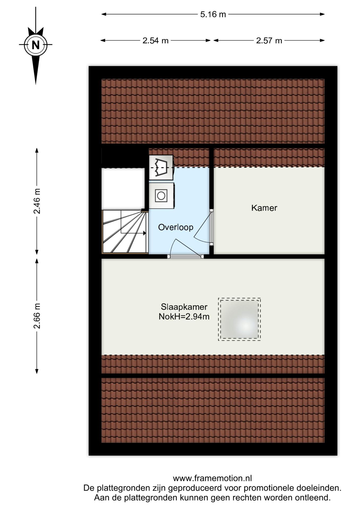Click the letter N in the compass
tap(36, 45)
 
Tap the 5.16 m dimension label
tap(213, 14)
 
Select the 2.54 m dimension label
tap(155, 41)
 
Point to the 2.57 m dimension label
tap(269, 41)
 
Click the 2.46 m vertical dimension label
tap(37, 201)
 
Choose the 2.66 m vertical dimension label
tap(37, 316)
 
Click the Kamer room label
tap(264, 208)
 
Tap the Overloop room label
tap(175, 227)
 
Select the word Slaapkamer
tap(184, 307)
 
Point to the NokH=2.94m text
tap(184, 317)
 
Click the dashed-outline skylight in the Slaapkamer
tap(239, 319)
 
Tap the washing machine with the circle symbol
tap(161, 196)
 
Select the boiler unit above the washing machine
tap(161, 168)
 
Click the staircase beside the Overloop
tap(125, 231)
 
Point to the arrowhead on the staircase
tap(144, 233)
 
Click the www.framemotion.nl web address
tap(212, 478)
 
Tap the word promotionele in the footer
tap(268, 488)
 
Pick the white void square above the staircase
tap(123, 189)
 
